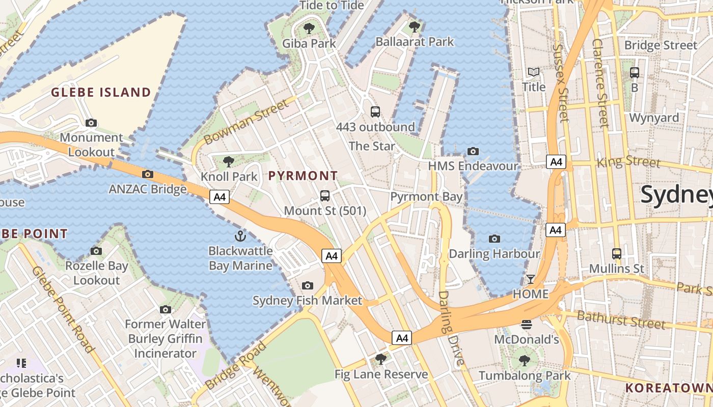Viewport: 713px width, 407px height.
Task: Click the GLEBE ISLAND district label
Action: coord(101,92)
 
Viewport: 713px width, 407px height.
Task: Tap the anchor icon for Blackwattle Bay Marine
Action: coord(240,236)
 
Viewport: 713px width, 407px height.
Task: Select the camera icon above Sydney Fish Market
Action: coord(307,285)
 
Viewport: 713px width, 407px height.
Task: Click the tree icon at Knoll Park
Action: coord(229,162)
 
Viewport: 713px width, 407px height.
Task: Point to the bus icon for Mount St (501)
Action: coord(325,195)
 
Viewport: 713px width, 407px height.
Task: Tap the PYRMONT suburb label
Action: coord(303,176)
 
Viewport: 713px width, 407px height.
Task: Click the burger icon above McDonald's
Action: coord(527,324)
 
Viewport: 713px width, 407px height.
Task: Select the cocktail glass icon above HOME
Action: coord(531,279)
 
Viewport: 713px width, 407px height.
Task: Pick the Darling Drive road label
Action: coord(452,328)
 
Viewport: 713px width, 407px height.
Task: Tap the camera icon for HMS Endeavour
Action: coord(473,151)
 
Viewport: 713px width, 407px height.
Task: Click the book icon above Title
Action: coord(533,72)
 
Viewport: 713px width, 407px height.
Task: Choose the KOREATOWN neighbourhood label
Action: coord(669,388)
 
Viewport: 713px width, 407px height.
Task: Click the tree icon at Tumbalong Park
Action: coord(524,361)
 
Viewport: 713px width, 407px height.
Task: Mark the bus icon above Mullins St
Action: coord(616,253)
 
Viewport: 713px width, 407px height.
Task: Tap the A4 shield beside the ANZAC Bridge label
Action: coord(220,197)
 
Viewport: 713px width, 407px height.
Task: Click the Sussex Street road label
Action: coord(560,83)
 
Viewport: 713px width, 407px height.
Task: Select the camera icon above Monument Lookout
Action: coord(91,123)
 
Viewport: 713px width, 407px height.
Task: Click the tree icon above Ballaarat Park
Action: coord(414,26)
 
